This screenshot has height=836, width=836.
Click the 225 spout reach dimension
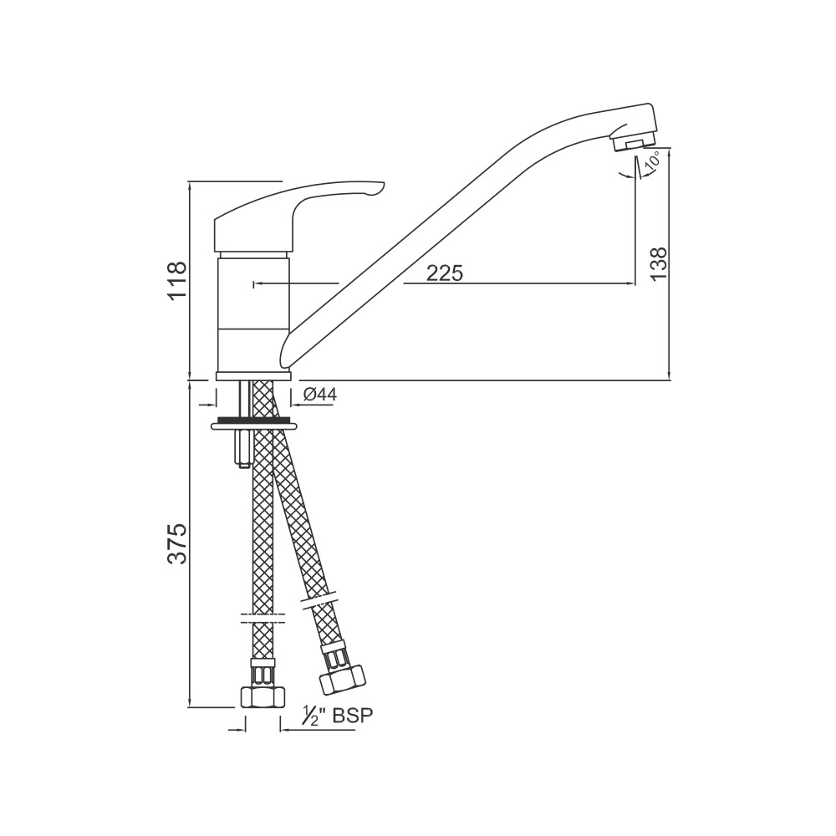click(x=445, y=273)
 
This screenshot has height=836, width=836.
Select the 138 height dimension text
click(x=659, y=263)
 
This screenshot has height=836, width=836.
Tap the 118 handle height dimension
click(x=177, y=281)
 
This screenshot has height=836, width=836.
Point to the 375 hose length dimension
click(x=177, y=543)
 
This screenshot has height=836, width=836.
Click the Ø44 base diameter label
click(x=320, y=395)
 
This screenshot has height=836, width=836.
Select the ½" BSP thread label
click(x=337, y=716)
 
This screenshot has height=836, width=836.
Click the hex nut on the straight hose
click(x=263, y=697)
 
